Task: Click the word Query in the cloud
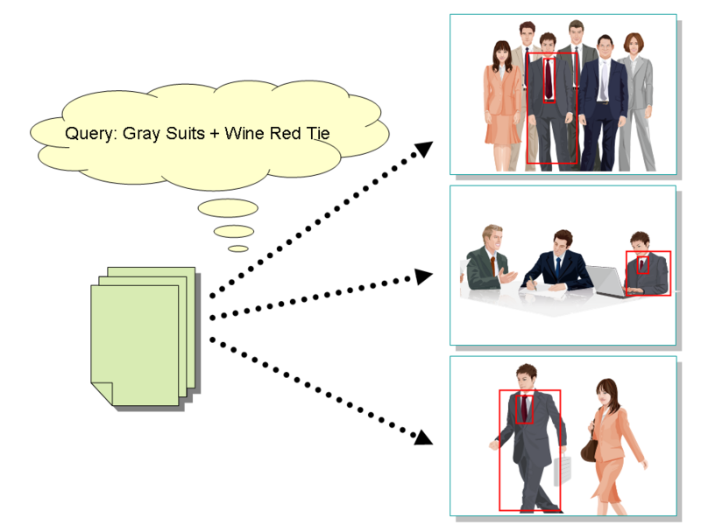[89, 134]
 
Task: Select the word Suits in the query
[184, 134]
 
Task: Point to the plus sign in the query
[214, 134]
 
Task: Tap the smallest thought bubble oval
[238, 248]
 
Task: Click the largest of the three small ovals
[227, 208]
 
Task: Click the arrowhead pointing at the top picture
[423, 149]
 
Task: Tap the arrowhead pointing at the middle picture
[424, 276]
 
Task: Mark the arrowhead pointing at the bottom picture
[424, 435]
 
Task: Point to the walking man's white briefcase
[561, 469]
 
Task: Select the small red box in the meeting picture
[643, 263]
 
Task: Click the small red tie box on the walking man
[524, 409]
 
